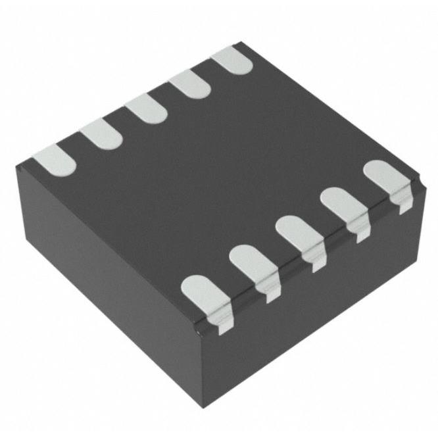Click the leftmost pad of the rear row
(55, 160)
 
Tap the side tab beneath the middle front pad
(316, 263)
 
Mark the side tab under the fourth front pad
(360, 233)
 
